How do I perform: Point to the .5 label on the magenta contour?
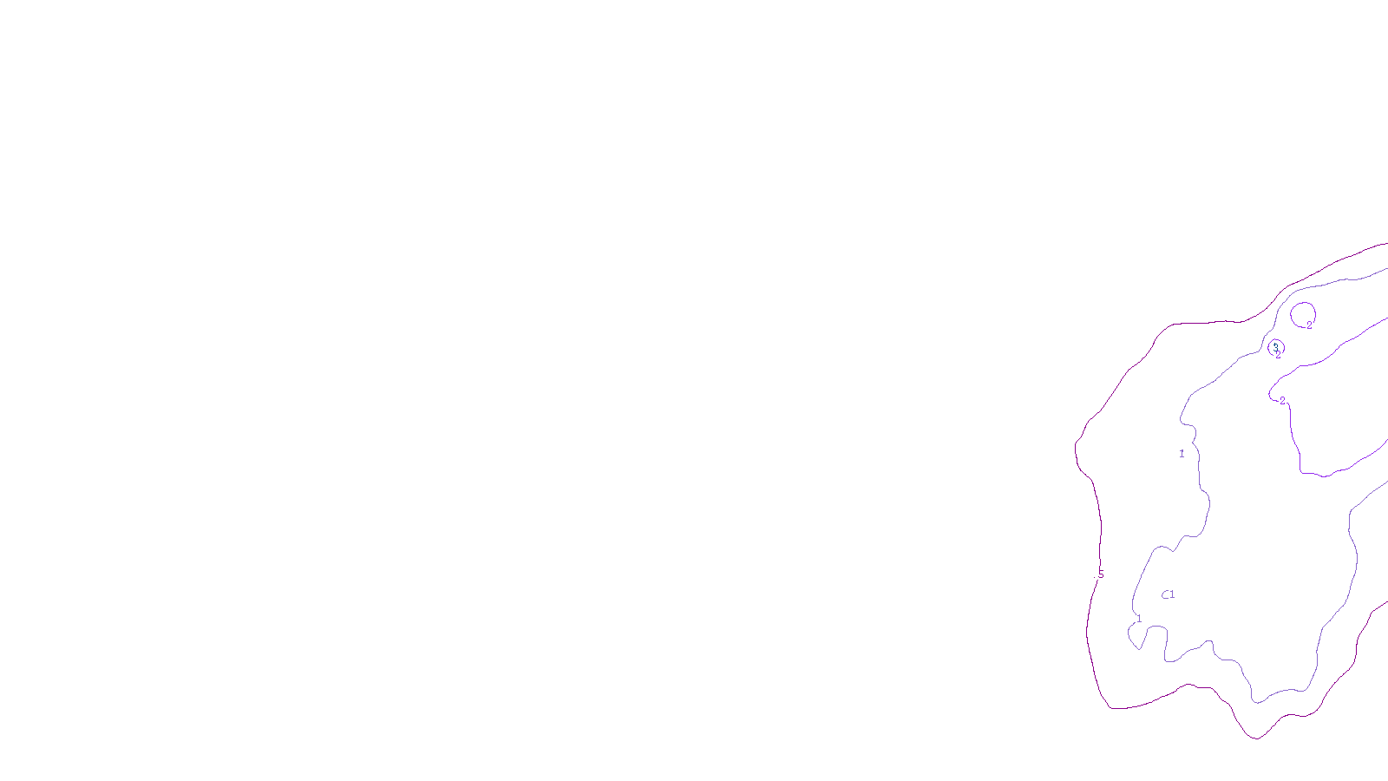[1101, 574]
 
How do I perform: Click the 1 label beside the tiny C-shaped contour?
[1172, 594]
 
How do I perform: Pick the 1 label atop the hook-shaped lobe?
[1139, 619]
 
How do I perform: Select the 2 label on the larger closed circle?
[1310, 325]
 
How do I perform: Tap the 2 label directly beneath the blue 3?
[1278, 355]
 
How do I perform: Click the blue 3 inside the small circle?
[1275, 345]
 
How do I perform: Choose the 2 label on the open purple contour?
[1282, 401]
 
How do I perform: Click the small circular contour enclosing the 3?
[1284, 348]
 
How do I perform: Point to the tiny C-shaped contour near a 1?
[1164, 595]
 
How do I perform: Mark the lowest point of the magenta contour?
[1255, 738]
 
